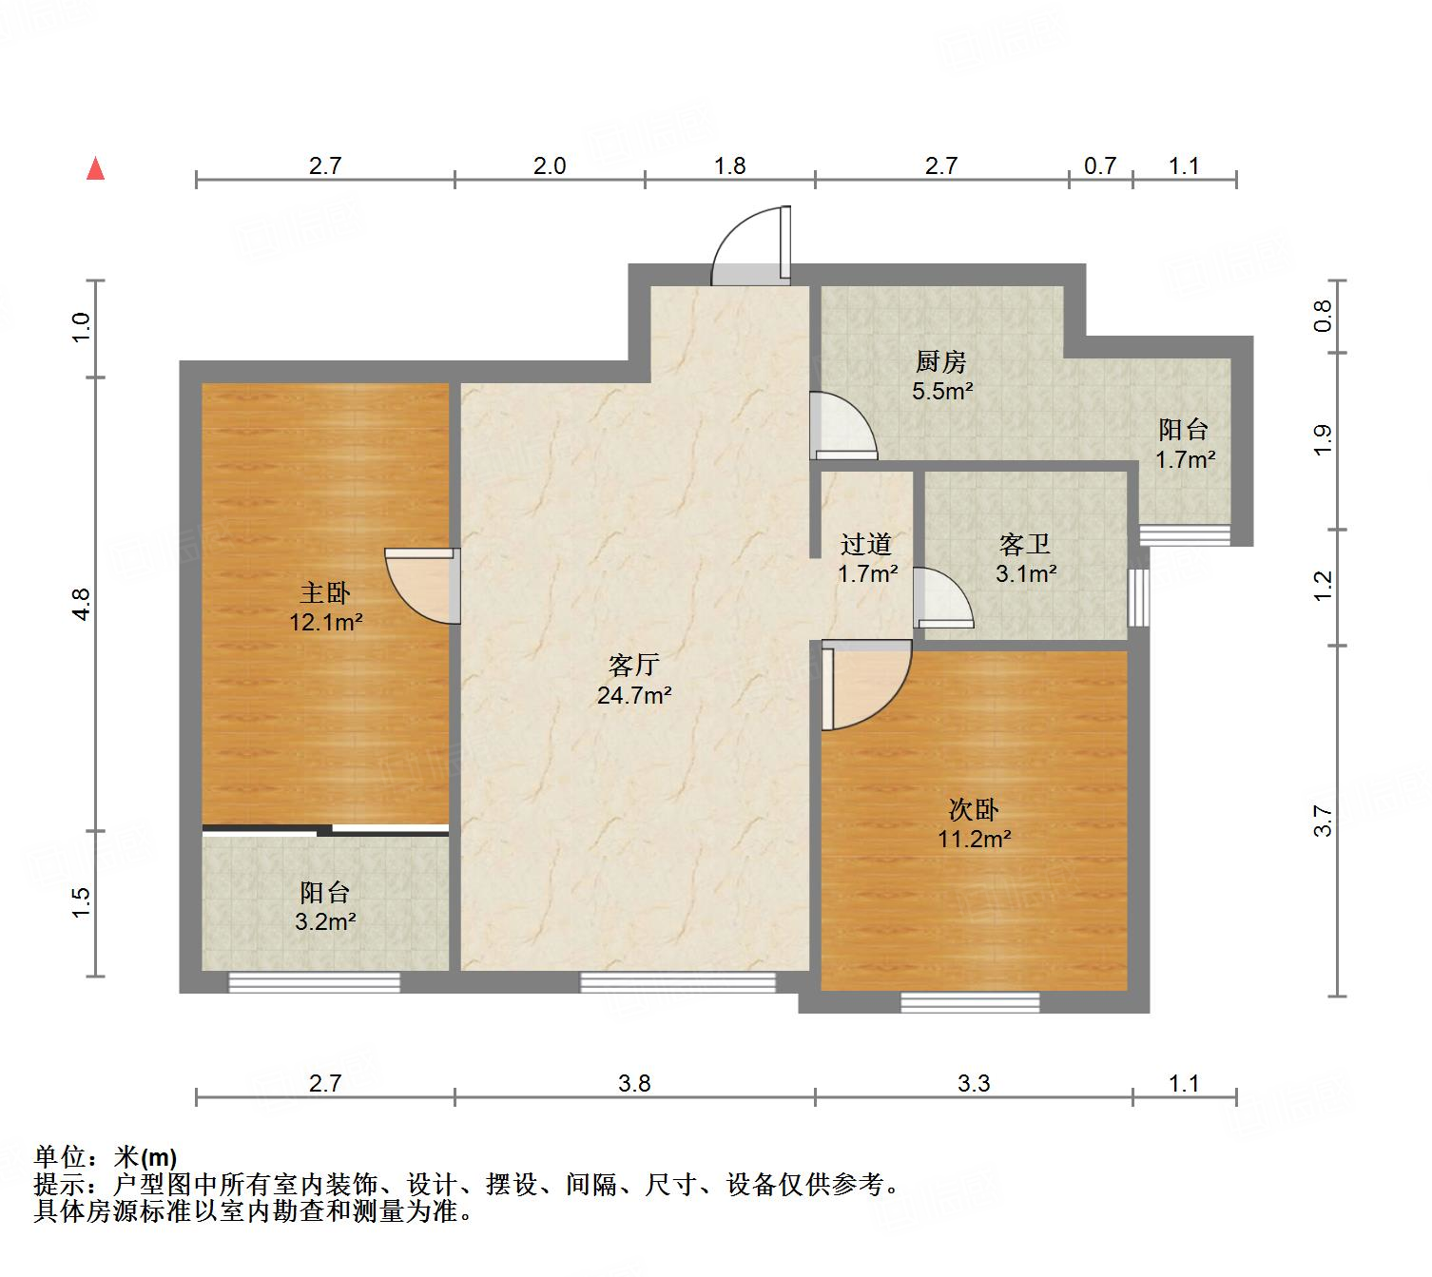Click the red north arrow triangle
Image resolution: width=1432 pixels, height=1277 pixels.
95,168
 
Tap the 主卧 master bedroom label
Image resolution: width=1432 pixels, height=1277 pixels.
325,593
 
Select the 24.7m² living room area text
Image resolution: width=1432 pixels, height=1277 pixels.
634,695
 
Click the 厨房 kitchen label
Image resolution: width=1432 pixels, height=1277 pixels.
941,361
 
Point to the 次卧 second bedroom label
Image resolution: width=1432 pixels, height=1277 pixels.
974,810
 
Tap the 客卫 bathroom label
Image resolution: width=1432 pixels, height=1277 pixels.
1025,545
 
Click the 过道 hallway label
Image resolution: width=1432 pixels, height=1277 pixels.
866,545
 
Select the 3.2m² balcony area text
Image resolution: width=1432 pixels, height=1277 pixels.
325,921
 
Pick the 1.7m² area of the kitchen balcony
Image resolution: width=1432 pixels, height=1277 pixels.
1185,460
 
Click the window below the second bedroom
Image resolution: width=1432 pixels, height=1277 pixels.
969,1001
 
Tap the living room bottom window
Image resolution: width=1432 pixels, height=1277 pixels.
677,982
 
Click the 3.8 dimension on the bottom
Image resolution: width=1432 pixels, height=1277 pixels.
634,1083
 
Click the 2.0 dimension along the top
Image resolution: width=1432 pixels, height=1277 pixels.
549,166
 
